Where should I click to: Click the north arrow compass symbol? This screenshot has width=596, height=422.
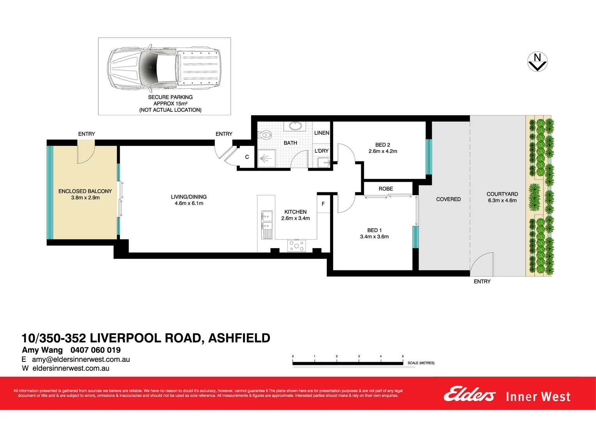[537, 62]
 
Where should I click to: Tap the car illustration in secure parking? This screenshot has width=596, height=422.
[164, 67]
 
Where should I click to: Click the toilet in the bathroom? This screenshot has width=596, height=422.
[265, 135]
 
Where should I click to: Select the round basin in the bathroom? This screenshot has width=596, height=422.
[295, 126]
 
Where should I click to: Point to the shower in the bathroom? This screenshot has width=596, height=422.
[266, 159]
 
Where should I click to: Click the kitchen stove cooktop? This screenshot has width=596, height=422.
[296, 246]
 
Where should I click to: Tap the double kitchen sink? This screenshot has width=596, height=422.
[267, 221]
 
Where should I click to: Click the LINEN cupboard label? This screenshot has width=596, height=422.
[321, 133]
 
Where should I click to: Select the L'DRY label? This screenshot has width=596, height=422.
[321, 151]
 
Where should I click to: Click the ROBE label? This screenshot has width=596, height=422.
[386, 189]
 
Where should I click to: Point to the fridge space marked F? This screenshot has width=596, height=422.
[323, 204]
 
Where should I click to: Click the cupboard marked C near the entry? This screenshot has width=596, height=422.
[247, 157]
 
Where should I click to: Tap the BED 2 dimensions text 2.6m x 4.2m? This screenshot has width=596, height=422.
[383, 151]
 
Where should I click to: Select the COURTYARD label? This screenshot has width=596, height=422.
[502, 194]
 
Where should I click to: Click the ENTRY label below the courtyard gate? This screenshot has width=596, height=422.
[482, 281]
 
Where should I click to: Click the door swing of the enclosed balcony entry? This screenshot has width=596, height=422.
[85, 154]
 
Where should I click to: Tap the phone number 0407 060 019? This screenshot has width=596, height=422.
[96, 350]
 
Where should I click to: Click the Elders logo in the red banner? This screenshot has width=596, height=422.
[469, 394]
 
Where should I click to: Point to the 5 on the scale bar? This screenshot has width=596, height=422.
[403, 356]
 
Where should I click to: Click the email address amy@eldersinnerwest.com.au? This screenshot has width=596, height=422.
[81, 359]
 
